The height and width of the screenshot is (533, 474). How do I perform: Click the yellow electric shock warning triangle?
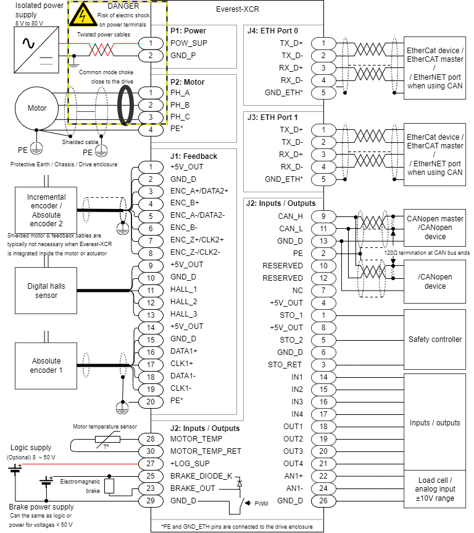tap(82, 15)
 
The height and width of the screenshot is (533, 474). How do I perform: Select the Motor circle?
tap(37, 108)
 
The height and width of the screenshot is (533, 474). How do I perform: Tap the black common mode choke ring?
tap(127, 104)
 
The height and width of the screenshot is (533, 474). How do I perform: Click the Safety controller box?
tap(434, 339)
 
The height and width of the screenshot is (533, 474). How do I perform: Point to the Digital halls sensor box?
tap(46, 291)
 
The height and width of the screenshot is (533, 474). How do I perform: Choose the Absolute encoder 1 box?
tap(46, 365)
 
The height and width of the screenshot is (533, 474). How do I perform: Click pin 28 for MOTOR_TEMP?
tap(151, 438)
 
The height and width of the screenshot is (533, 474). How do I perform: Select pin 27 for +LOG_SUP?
tap(151, 463)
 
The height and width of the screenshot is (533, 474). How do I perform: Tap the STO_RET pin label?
tap(285, 364)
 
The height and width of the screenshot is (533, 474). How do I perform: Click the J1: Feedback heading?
tap(194, 156)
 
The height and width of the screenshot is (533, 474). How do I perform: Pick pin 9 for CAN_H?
tap(323, 216)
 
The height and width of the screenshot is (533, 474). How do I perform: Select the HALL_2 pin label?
tap(184, 302)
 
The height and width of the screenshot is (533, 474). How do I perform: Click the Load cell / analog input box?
tap(434, 488)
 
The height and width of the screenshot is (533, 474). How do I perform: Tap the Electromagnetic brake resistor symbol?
tap(109, 485)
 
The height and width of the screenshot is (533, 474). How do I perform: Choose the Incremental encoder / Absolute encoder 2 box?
tap(46, 210)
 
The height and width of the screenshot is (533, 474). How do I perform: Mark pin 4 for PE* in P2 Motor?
tap(151, 129)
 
